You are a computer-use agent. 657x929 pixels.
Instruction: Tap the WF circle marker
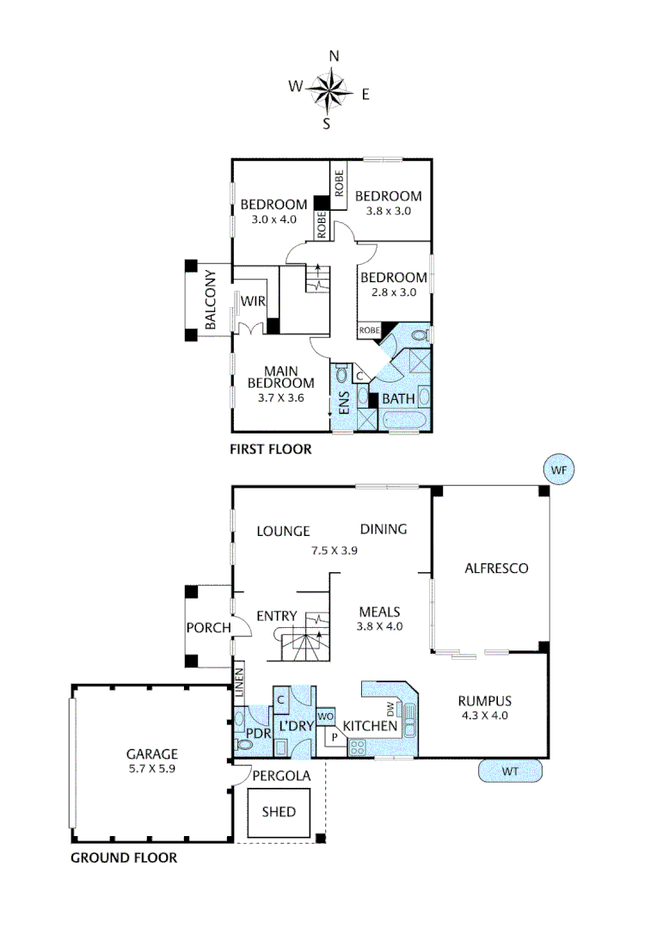coord(559,470)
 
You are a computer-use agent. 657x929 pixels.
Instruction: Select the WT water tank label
coord(510,772)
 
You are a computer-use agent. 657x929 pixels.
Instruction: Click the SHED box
coord(279,811)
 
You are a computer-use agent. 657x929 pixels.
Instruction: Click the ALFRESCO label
coord(495,568)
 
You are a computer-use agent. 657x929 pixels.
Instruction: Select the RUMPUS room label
coord(485,700)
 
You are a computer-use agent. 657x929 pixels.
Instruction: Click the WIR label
coord(252,301)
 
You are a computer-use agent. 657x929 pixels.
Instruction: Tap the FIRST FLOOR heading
coord(270,449)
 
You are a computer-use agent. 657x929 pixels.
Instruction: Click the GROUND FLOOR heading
coord(124,858)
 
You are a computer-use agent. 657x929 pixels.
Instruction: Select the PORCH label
coord(208,627)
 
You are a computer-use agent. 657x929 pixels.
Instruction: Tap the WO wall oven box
coord(325,716)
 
